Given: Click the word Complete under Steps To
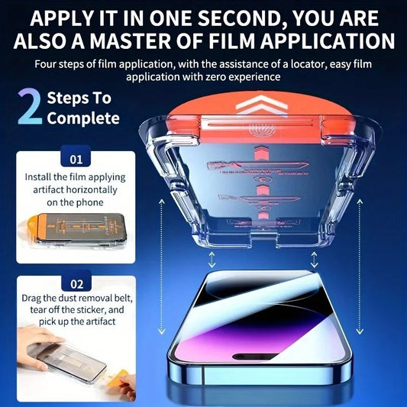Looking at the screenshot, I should click(x=83, y=118).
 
